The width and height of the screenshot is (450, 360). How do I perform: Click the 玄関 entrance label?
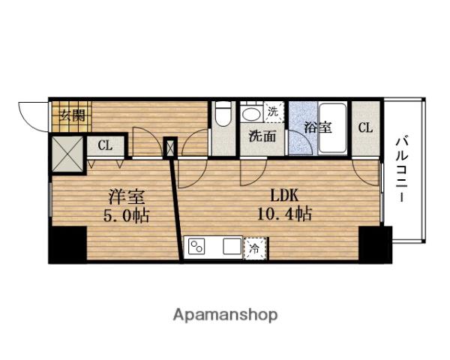[72, 115]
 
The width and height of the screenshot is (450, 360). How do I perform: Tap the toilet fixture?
[223, 114]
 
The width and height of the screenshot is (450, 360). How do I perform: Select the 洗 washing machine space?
[273, 112]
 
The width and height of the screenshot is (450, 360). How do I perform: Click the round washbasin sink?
[251, 114]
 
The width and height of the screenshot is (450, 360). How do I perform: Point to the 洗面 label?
[262, 136]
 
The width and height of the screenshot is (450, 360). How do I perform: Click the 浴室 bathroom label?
[318, 127]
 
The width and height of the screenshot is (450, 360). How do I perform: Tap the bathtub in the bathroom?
[332, 128]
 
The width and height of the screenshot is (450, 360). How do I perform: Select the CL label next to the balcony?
[365, 127]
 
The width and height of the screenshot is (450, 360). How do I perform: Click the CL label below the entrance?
[105, 145]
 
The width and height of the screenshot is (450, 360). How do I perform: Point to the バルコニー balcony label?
[402, 169]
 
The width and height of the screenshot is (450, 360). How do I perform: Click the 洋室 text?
[127, 197]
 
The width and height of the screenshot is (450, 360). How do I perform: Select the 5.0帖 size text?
[126, 215]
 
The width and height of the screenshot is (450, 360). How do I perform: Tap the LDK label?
[284, 196]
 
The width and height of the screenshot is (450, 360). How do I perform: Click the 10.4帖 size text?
[284, 214]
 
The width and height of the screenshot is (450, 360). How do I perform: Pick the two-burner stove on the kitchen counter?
[196, 247]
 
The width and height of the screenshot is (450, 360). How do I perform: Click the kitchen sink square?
[232, 247]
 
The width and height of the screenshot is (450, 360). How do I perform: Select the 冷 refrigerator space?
[254, 248]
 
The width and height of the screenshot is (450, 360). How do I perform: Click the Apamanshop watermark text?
[225, 316]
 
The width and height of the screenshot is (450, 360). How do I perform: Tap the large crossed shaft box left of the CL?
[67, 154]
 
